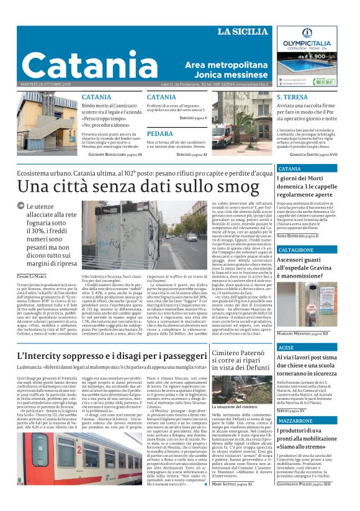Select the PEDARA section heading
pos(160,133)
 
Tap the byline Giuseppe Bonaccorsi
pos(115,153)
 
